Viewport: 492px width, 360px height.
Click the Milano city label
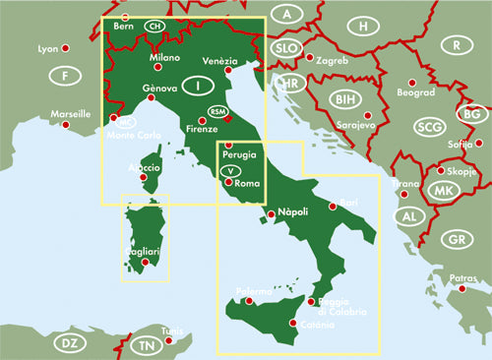pyautogui.click(x=165, y=58)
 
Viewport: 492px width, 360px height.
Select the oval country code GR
pyautogui.click(x=455, y=240)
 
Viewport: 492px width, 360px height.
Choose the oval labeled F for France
pyautogui.click(x=65, y=77)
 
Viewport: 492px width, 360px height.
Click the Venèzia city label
pyautogui.click(x=220, y=60)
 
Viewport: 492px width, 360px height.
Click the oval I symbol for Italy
pyautogui.click(x=200, y=87)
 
